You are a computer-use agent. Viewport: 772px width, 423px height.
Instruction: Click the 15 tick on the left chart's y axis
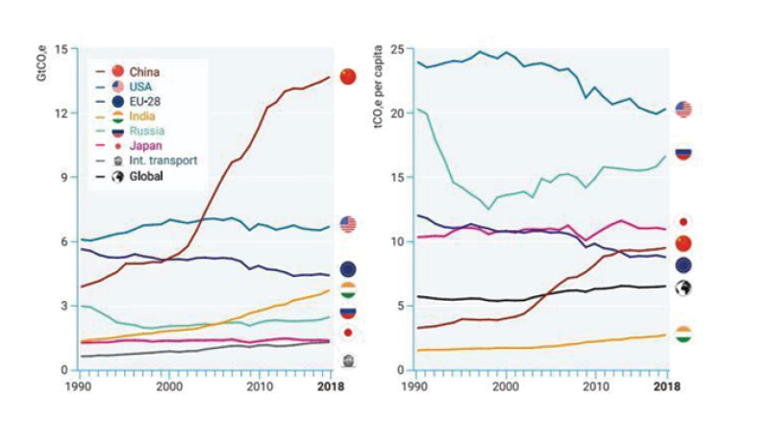(62, 49)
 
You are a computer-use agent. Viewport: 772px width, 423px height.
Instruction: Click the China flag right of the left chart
(347, 77)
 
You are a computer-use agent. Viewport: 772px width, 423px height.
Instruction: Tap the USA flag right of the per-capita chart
(683, 110)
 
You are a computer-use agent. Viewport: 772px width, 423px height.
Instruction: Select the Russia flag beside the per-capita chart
(683, 152)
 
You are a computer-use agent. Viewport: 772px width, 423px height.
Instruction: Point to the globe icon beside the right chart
(683, 287)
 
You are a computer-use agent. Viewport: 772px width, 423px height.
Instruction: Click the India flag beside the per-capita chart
(683, 335)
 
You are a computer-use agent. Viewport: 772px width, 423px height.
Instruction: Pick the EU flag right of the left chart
(347, 269)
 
